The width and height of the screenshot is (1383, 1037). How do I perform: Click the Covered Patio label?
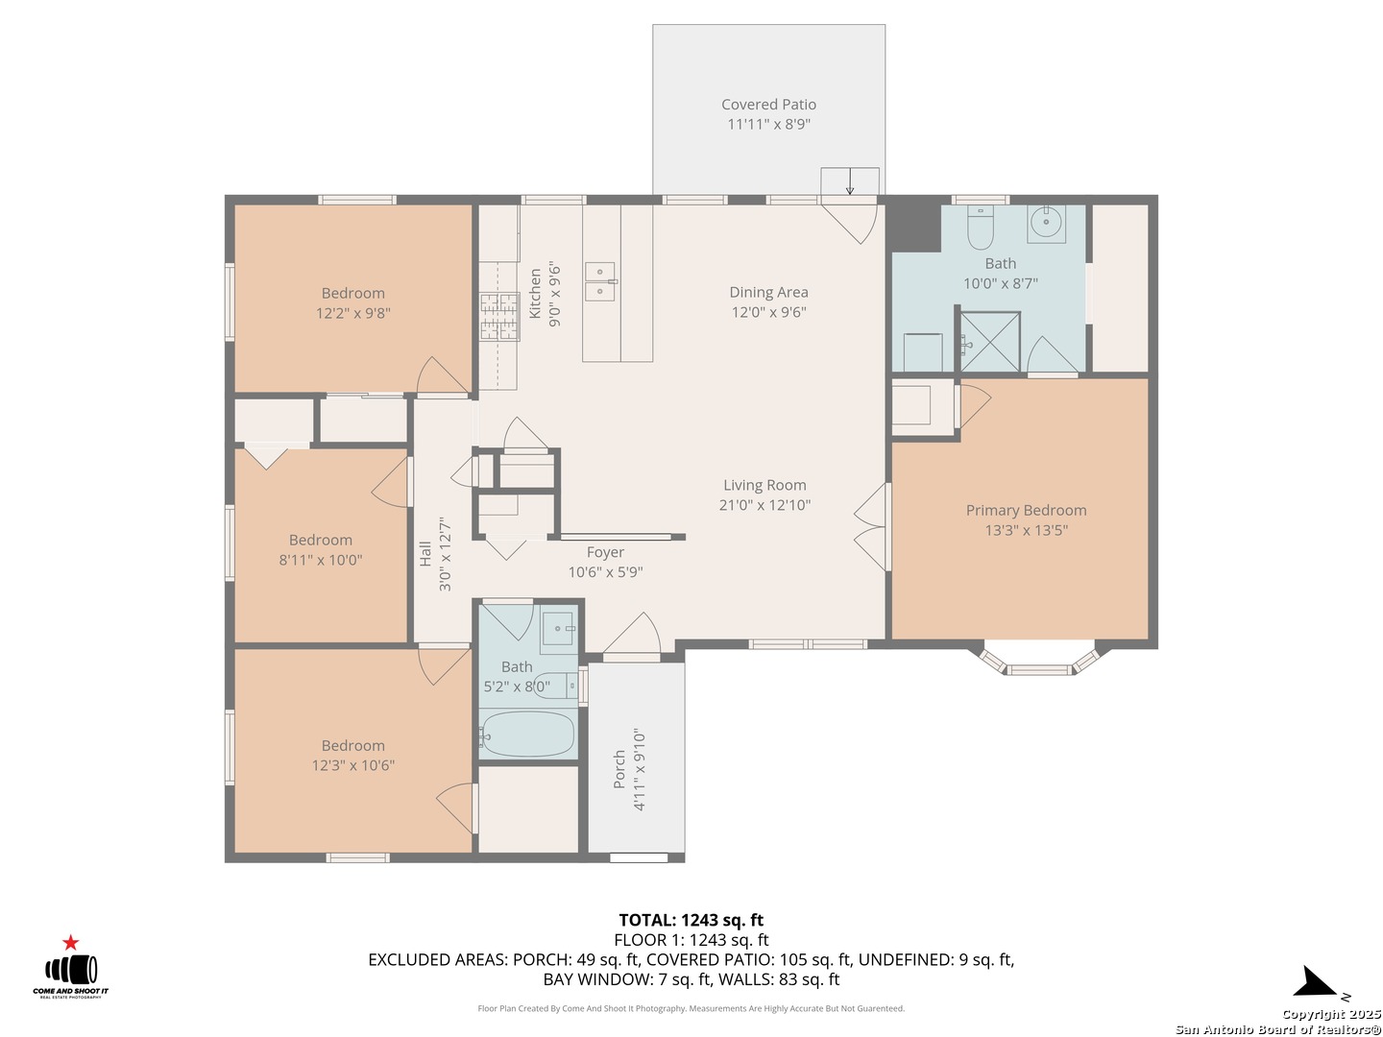[x=768, y=105]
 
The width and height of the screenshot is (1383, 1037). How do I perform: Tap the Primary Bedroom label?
[x=1026, y=510]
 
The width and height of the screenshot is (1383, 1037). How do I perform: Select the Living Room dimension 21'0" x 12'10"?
[x=764, y=505]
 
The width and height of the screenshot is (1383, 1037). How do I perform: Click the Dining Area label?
[x=768, y=292]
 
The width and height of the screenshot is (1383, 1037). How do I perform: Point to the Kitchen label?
[x=534, y=294]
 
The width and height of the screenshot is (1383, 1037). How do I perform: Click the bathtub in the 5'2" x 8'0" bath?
[x=526, y=735]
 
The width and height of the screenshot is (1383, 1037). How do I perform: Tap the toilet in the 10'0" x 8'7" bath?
[x=980, y=228]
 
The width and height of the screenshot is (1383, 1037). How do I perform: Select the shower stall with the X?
[x=989, y=341]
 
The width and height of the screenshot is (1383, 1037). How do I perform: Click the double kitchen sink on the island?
[x=601, y=281]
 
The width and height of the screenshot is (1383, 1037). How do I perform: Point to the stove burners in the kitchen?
[x=499, y=317]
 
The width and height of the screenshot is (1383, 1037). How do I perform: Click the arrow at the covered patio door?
[x=849, y=181]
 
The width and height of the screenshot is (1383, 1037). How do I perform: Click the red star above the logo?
[x=70, y=943]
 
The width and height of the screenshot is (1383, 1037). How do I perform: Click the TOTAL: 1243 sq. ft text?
[x=691, y=920]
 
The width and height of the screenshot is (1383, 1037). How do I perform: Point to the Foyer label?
[x=605, y=552]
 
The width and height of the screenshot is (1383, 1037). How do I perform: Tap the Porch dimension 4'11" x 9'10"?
[x=639, y=770]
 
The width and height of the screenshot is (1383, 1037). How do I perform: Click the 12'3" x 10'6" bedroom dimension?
[x=352, y=765]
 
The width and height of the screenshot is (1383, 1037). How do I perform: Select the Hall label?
[x=425, y=553]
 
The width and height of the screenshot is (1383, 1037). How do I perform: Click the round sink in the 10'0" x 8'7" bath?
[x=1046, y=222]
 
